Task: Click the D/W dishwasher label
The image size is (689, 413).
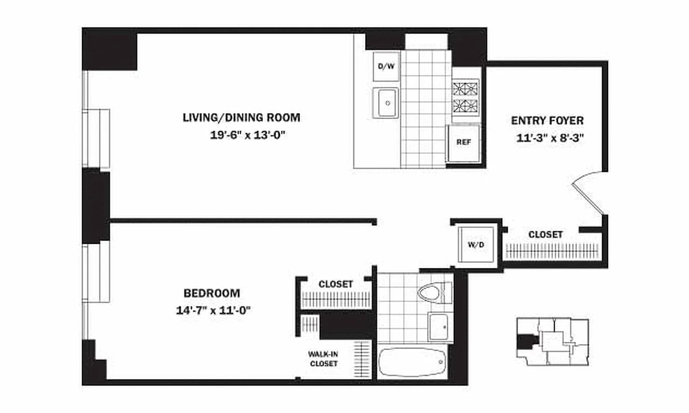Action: (386, 67)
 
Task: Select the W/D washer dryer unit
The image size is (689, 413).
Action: (476, 244)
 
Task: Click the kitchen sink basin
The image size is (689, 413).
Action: (385, 102)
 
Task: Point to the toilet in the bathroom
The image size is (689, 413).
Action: (432, 294)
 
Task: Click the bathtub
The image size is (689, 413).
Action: (412, 363)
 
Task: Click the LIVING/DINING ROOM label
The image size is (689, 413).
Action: (241, 118)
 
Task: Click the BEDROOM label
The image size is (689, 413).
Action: (212, 293)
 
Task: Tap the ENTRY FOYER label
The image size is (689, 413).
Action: (547, 121)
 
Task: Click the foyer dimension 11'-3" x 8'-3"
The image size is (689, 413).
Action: (549, 138)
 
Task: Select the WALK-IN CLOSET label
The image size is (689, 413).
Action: (323, 359)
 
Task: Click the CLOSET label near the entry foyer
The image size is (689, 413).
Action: (545, 234)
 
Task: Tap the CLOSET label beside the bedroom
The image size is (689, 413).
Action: (336, 284)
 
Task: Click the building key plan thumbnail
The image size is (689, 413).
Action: (553, 342)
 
